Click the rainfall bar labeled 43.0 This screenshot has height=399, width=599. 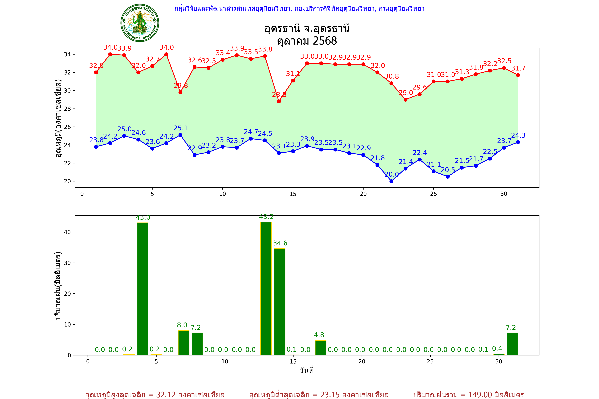(x=143, y=289)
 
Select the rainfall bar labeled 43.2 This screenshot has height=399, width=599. (x=266, y=289)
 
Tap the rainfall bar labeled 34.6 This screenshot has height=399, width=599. (x=280, y=302)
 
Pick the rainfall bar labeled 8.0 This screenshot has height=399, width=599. (x=184, y=343)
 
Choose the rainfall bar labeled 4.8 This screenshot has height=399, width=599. (x=321, y=348)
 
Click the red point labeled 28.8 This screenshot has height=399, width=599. (x=279, y=101)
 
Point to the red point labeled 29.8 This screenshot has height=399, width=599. (x=180, y=92)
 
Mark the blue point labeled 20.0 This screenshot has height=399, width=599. (x=391, y=181)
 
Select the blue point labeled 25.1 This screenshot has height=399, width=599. (x=180, y=135)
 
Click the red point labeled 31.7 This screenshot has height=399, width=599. (x=518, y=75)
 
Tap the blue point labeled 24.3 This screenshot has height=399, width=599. (x=518, y=142)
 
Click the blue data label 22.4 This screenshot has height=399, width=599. (x=420, y=153)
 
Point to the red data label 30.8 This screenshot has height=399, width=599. (x=392, y=76)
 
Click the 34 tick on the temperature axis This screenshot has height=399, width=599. (x=67, y=54)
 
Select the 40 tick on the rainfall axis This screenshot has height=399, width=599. (x=67, y=232)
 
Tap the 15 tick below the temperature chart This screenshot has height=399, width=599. (x=293, y=194)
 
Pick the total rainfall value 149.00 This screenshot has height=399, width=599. (x=480, y=395)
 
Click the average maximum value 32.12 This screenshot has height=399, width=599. (x=166, y=395)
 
